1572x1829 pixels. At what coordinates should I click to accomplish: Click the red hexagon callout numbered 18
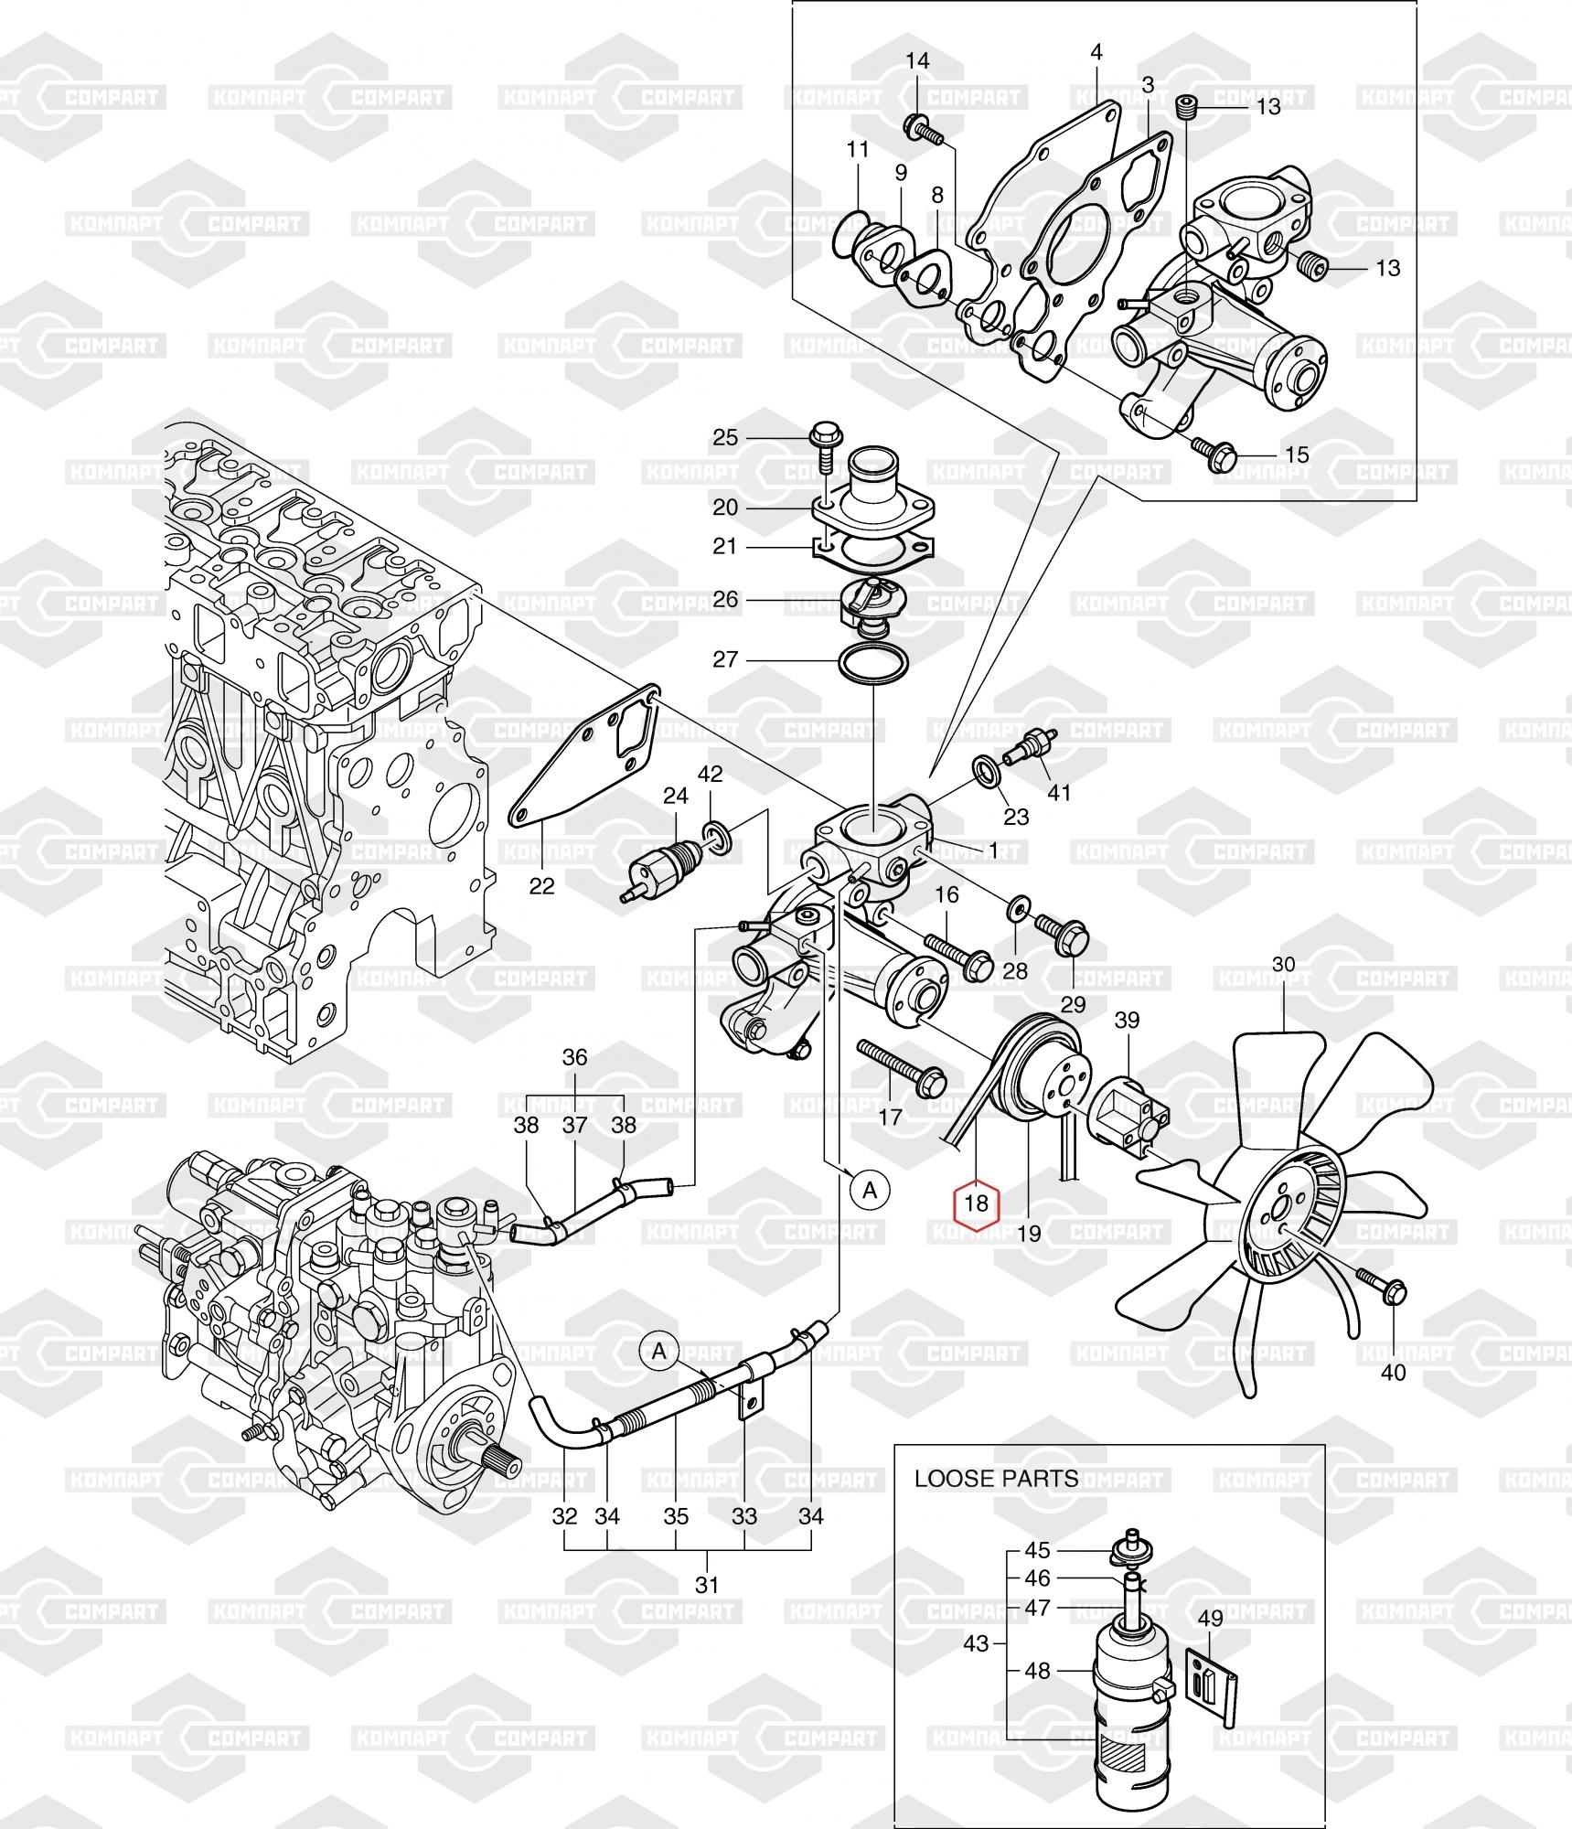(x=977, y=1203)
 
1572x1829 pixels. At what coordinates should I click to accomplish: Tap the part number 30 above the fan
(x=1284, y=964)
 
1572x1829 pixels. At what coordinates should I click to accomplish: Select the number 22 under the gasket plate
(x=542, y=886)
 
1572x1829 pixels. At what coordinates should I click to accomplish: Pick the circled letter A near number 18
(x=870, y=1190)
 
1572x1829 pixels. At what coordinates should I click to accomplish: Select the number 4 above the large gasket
(x=1097, y=52)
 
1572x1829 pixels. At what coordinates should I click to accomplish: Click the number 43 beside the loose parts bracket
(x=976, y=1669)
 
